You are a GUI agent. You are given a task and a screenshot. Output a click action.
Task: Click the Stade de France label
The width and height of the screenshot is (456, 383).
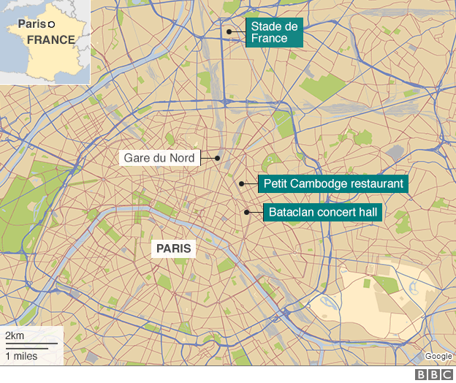coord(274,32)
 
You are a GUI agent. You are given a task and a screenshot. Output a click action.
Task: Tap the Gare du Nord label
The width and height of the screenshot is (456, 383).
coord(159,157)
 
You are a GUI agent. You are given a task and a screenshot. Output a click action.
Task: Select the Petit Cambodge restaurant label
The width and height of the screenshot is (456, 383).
coord(333,183)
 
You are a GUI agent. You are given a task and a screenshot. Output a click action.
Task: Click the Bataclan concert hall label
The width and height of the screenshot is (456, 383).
coord(327,213)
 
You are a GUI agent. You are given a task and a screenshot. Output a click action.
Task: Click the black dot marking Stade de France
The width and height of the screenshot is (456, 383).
coord(229,31)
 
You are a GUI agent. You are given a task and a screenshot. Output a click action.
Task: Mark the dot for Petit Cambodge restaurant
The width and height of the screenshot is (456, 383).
coord(241,183)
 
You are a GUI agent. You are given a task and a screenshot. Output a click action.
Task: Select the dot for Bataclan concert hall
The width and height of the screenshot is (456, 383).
coord(247,213)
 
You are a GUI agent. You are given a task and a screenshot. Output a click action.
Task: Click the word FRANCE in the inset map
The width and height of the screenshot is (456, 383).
coord(51,39)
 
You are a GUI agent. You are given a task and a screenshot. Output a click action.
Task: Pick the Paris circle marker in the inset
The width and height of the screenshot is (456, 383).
coord(51,24)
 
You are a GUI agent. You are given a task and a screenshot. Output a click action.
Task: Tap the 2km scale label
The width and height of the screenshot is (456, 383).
coord(14,335)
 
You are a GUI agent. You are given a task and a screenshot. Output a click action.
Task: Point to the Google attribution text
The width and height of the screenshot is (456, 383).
coord(438,357)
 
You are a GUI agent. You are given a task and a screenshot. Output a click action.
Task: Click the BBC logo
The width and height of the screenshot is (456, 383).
coord(435,374)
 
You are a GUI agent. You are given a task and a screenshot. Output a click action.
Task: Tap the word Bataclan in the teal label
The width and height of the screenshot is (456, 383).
coord(291,213)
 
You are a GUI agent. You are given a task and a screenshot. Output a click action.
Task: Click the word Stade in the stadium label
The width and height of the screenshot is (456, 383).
coord(267,26)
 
